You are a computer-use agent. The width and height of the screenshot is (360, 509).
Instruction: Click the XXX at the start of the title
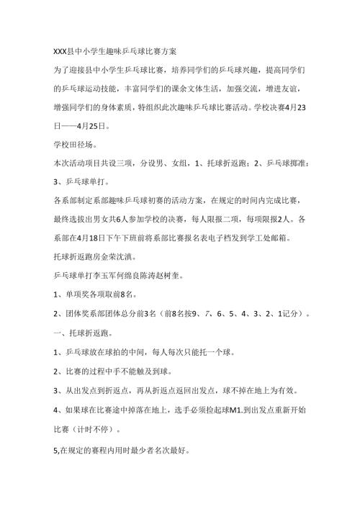pos(63,52)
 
